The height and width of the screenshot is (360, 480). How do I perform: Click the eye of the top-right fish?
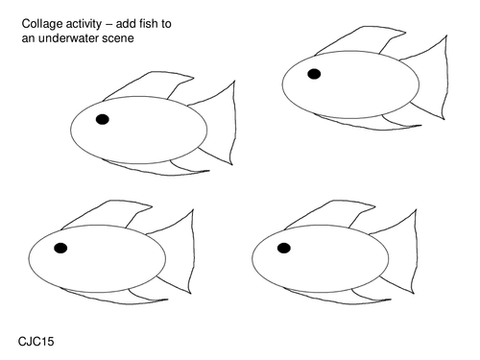click(314, 74)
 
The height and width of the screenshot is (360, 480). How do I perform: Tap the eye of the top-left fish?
click(103, 119)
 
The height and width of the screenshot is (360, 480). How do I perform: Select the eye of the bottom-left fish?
click(60, 248)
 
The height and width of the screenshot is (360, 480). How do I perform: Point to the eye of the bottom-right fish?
click(284, 248)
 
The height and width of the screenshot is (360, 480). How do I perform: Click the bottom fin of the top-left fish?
click(160, 169)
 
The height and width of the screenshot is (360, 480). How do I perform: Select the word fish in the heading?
click(149, 24)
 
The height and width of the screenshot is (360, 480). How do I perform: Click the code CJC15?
click(36, 342)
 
